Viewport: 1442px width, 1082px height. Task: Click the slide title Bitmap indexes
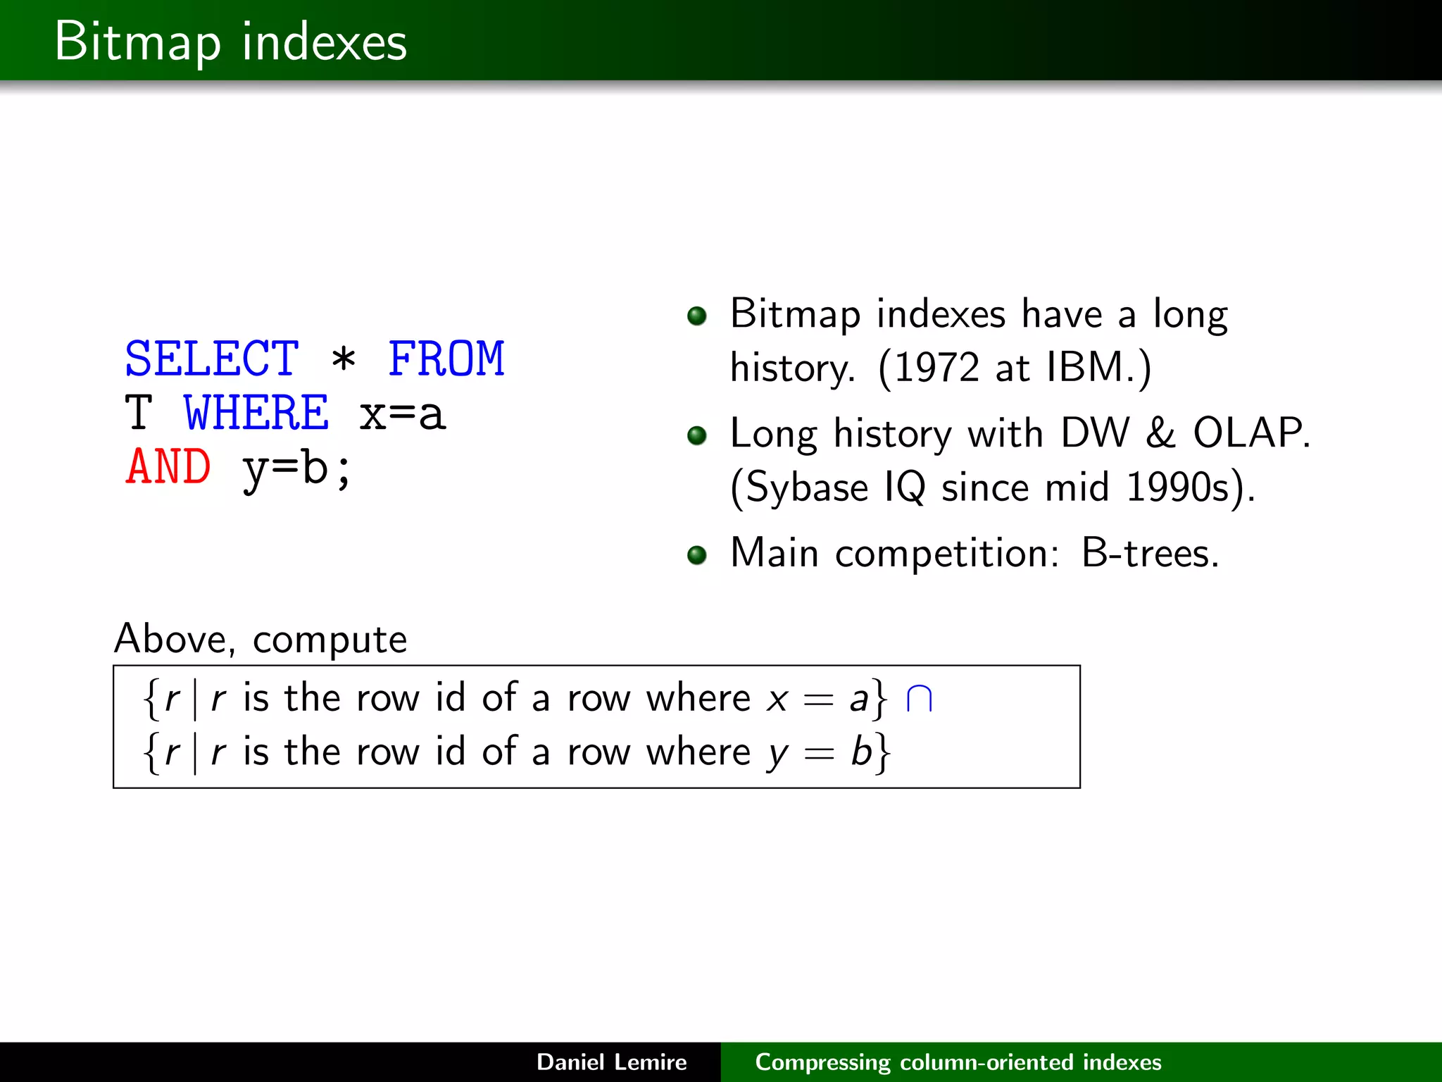point(230,42)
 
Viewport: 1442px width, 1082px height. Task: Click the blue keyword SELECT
point(211,359)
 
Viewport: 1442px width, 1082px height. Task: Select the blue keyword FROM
point(446,359)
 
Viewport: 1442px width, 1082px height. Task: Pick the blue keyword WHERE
point(256,413)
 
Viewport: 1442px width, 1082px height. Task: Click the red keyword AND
point(168,467)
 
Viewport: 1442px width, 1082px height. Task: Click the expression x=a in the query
point(402,414)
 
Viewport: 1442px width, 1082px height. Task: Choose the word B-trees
point(1149,553)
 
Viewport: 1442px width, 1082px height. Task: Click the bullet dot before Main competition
point(696,555)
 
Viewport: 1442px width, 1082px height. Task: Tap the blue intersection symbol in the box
point(919,699)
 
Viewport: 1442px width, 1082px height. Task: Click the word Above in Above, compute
point(173,639)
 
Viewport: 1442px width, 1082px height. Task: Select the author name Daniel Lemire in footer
point(611,1062)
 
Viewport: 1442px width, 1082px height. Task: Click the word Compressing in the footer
point(822,1062)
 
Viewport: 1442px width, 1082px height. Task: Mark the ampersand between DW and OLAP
point(1160,433)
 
